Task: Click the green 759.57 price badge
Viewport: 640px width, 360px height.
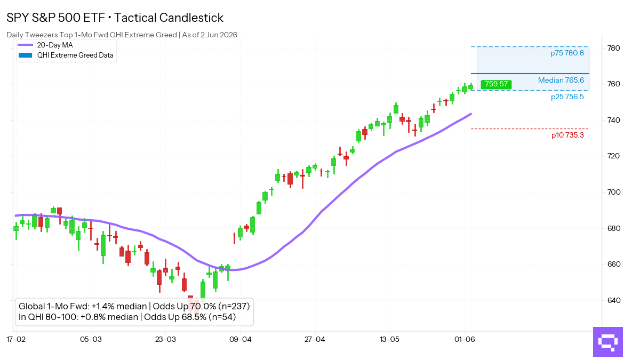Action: pyautogui.click(x=496, y=84)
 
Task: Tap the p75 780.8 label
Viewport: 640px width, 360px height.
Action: pyautogui.click(x=567, y=53)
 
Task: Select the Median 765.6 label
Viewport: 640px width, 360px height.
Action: pyautogui.click(x=561, y=81)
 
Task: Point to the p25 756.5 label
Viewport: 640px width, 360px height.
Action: pyautogui.click(x=567, y=97)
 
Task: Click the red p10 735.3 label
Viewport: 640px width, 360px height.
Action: pyautogui.click(x=567, y=135)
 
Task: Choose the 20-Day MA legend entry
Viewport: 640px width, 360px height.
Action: pyautogui.click(x=45, y=45)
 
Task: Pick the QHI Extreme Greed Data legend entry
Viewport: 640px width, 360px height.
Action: pyautogui.click(x=66, y=55)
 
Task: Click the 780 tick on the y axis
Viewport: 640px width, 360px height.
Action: pyautogui.click(x=614, y=48)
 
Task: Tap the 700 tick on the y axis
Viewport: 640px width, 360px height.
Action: pyautogui.click(x=614, y=192)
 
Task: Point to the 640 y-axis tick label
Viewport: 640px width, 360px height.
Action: pyautogui.click(x=614, y=300)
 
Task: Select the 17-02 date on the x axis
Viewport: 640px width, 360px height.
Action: pyautogui.click(x=16, y=339)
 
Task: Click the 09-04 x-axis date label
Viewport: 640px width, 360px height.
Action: pyautogui.click(x=241, y=339)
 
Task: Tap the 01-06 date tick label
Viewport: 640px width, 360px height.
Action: pyautogui.click(x=465, y=339)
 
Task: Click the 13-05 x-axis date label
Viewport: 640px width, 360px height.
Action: pyautogui.click(x=389, y=339)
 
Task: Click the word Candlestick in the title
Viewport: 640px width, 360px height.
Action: pyautogui.click(x=191, y=18)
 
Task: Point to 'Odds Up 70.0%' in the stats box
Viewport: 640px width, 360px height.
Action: pyautogui.click(x=185, y=306)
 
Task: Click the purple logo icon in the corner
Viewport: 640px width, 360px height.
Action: pyautogui.click(x=607, y=342)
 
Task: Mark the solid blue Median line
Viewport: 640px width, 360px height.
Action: pyautogui.click(x=530, y=74)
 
